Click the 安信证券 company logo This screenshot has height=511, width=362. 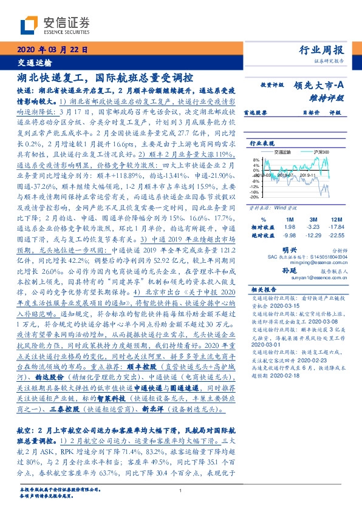(55, 25)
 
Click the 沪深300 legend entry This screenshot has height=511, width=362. (306, 152)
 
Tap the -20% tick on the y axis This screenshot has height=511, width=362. (254, 197)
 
